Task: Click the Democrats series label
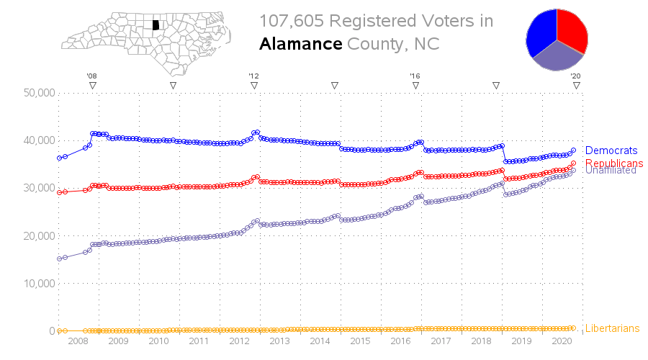pyautogui.click(x=611, y=150)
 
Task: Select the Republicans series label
pyautogui.click(x=614, y=163)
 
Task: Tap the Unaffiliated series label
pyautogui.click(x=611, y=171)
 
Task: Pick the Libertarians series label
pyautogui.click(x=612, y=328)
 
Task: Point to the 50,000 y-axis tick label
pyautogui.click(x=39, y=93)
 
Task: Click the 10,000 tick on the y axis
pyautogui.click(x=39, y=283)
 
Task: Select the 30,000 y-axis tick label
pyautogui.click(x=39, y=188)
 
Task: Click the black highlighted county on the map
pyautogui.click(x=156, y=24)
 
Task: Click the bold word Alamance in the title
pyautogui.click(x=300, y=44)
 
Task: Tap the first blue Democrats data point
pyautogui.click(x=59, y=158)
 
